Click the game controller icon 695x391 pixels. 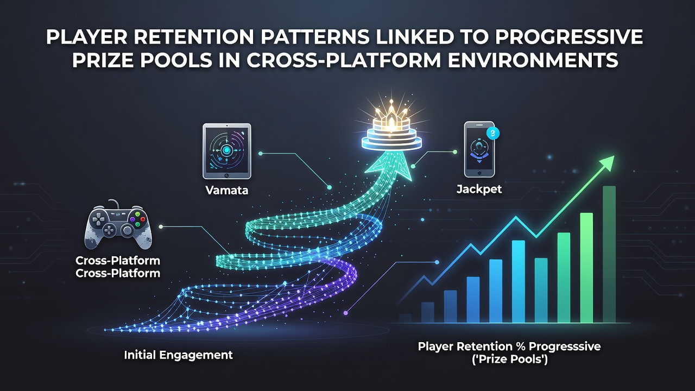pyautogui.click(x=118, y=225)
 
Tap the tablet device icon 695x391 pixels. pyautogui.click(x=227, y=151)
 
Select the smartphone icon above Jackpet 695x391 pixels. pyautogui.click(x=479, y=149)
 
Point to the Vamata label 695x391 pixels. pyautogui.click(x=227, y=190)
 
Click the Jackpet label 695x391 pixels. pyautogui.click(x=479, y=189)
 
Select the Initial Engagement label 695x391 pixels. pyautogui.click(x=179, y=355)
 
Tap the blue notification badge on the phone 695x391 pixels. pyautogui.click(x=493, y=134)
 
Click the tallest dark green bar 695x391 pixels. pyautogui.click(x=609, y=255)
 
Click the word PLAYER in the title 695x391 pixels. pyautogui.click(x=86, y=37)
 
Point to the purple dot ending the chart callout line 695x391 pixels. pyautogui.click(x=346, y=313)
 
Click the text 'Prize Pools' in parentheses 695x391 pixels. pyautogui.click(x=510, y=360)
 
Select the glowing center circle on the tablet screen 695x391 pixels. pyautogui.click(x=226, y=150)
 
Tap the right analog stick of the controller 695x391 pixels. pyautogui.click(x=127, y=230)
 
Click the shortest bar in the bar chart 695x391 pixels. pyautogui.click(x=405, y=318)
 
